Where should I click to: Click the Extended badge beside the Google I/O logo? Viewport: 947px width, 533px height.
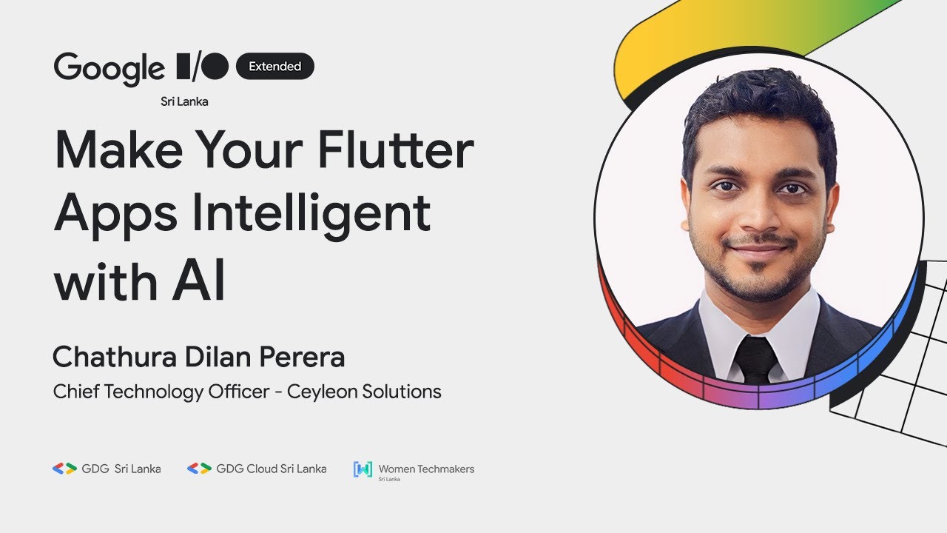pyautogui.click(x=274, y=67)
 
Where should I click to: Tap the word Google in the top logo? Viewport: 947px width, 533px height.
pyautogui.click(x=109, y=69)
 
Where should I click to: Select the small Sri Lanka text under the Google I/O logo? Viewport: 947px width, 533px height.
pyautogui.click(x=184, y=102)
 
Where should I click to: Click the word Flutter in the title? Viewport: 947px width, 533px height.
pyautogui.click(x=397, y=150)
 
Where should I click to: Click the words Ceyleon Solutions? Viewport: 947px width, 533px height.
pyautogui.click(x=364, y=392)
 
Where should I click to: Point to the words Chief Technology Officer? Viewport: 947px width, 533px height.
pyautogui.click(x=161, y=392)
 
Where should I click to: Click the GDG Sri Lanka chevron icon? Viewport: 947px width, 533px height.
pyautogui.click(x=64, y=469)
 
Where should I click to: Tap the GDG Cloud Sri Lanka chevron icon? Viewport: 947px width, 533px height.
pyautogui.click(x=199, y=469)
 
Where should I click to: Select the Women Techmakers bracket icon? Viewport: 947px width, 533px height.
pyautogui.click(x=363, y=469)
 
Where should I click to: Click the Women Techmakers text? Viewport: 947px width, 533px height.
pyautogui.click(x=426, y=469)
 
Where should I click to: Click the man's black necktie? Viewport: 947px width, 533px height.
pyautogui.click(x=755, y=359)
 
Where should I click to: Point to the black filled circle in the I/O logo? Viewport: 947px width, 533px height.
pyautogui.click(x=215, y=67)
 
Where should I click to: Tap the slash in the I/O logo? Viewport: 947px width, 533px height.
pyautogui.click(x=197, y=67)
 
